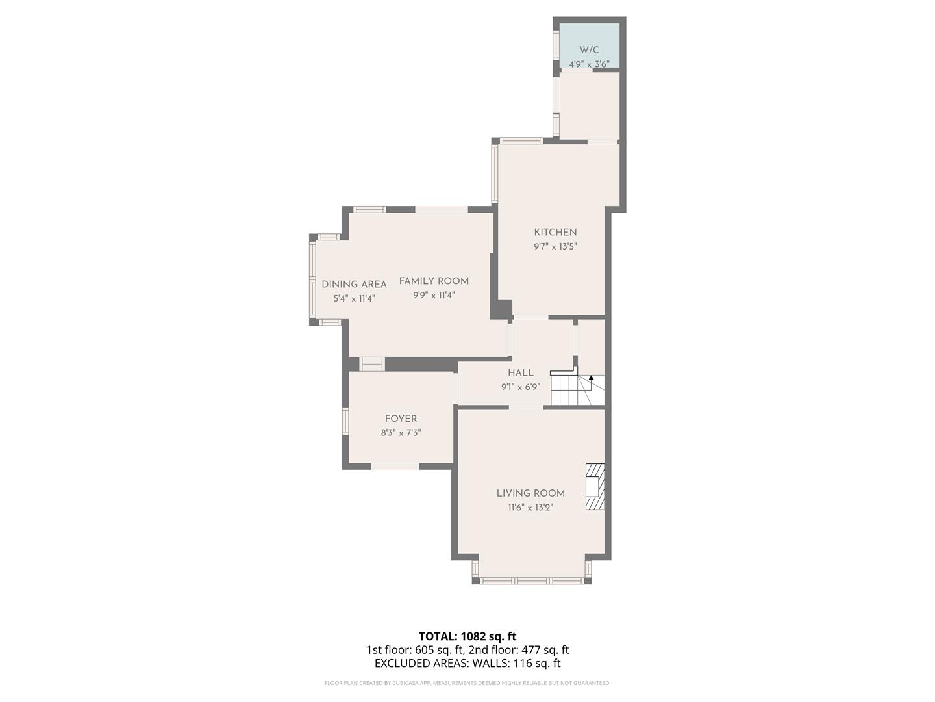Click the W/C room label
click(589, 50)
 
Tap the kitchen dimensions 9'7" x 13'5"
click(555, 246)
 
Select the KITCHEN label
click(555, 232)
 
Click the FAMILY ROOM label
click(434, 281)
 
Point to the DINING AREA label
click(354, 284)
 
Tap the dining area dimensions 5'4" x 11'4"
click(354, 298)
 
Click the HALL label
click(521, 372)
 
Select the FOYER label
click(401, 419)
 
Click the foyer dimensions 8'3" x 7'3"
click(401, 433)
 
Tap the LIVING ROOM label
click(530, 493)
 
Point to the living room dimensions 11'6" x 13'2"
click(530, 508)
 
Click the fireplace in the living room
click(595, 486)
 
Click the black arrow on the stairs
click(591, 378)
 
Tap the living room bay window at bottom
click(532, 580)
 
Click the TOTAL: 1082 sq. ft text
click(467, 636)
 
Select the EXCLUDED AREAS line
click(467, 663)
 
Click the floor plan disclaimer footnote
click(467, 683)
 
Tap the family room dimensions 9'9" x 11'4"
click(434, 295)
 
